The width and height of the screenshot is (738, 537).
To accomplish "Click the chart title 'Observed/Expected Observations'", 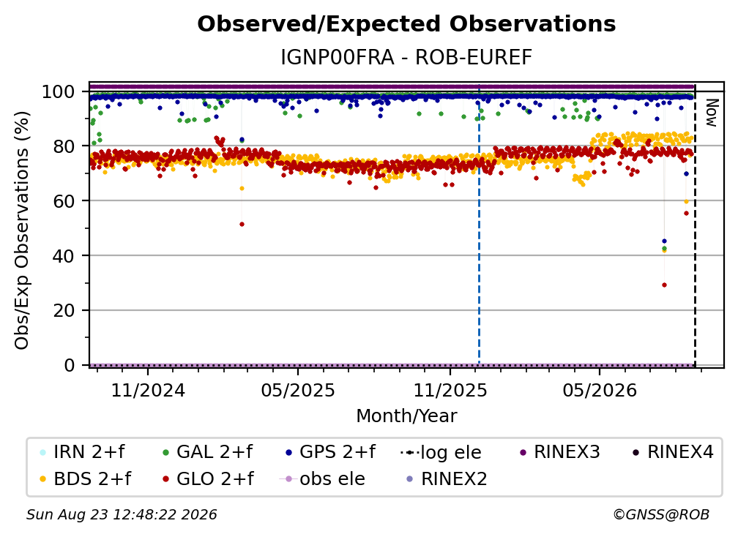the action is [406, 24].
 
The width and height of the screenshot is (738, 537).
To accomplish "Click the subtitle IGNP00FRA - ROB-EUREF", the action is [406, 57].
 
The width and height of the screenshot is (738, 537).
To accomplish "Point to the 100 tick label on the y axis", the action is [59, 91].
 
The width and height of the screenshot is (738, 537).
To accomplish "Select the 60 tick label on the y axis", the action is [64, 201].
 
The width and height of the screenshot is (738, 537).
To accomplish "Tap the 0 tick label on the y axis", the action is [70, 365].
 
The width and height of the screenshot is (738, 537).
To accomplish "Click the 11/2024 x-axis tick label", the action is [148, 391].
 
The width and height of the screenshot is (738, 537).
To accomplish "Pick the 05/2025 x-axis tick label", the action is [298, 391].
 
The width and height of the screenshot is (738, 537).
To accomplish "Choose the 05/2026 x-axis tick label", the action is [600, 391].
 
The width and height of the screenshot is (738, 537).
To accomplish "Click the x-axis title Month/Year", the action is [406, 416].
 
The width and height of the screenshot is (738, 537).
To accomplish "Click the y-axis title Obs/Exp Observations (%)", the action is [22, 230].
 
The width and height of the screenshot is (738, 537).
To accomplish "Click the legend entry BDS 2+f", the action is [85, 479].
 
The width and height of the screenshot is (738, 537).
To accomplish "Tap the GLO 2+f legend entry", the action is [208, 479].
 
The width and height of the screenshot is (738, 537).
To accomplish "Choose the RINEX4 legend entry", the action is [673, 452].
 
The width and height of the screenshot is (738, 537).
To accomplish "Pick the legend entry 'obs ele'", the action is [322, 479].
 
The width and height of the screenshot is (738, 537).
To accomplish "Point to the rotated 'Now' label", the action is [711, 113].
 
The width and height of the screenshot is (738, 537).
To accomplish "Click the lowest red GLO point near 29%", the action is [664, 285].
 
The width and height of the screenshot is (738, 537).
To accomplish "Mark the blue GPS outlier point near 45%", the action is [664, 241].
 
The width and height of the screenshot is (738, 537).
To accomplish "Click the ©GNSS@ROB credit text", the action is [661, 515].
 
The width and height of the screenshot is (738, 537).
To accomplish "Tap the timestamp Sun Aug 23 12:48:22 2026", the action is [122, 515].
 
